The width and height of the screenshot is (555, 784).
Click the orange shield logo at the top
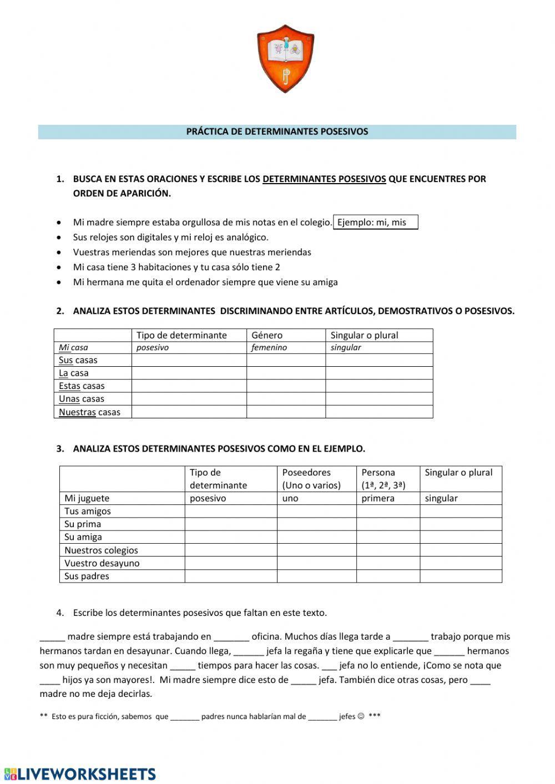click(x=285, y=58)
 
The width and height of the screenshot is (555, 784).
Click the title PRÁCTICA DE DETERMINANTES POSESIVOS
click(x=277, y=132)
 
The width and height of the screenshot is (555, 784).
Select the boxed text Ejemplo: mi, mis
click(x=375, y=222)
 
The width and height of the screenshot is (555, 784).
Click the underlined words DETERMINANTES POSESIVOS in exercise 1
click(x=324, y=179)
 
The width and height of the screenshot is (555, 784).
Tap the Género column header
click(x=267, y=335)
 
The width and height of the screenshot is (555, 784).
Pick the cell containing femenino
click(x=269, y=348)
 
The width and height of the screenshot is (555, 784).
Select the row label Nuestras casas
click(x=89, y=412)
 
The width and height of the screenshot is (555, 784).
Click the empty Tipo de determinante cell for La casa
click(x=189, y=373)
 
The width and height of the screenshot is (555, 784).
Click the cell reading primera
click(x=377, y=498)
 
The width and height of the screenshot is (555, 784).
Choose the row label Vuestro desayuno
click(x=102, y=563)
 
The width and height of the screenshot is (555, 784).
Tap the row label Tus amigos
click(x=87, y=511)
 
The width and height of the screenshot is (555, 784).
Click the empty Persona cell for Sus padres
click(x=387, y=576)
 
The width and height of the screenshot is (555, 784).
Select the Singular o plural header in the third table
click(x=458, y=473)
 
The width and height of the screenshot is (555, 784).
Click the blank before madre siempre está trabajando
click(x=52, y=637)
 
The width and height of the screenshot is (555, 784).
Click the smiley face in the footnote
click(x=361, y=716)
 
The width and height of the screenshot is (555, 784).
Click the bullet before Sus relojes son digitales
click(x=59, y=237)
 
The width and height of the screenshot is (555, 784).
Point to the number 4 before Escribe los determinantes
click(x=59, y=613)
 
